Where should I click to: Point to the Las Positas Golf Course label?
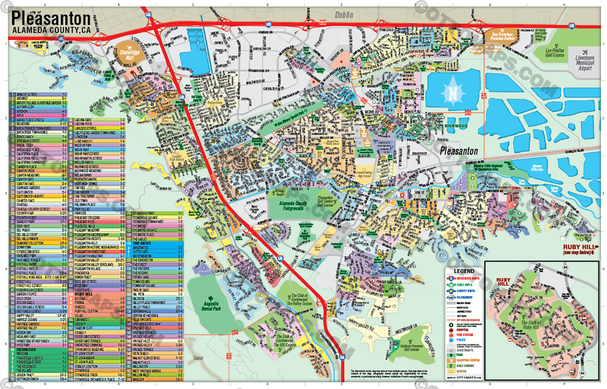(555, 53)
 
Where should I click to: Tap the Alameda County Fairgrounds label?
(293, 206)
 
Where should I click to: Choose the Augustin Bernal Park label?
(211, 306)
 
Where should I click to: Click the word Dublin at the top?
(344, 15)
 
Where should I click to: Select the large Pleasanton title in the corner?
(51, 19)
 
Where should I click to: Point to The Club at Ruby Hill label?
(531, 325)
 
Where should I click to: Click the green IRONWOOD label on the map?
(456, 126)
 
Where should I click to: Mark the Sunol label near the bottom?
(198, 358)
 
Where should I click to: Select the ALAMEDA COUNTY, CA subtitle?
(51, 30)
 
